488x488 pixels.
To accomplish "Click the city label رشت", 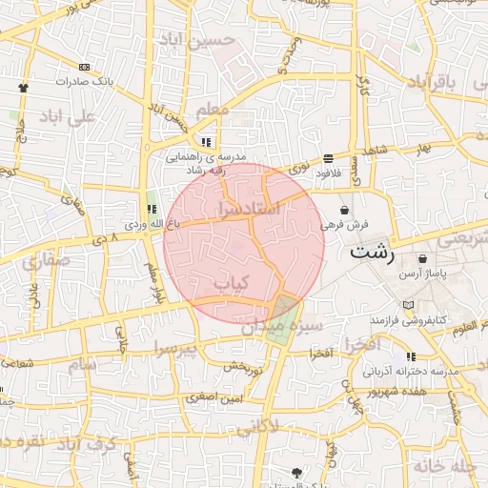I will click(x=371, y=253).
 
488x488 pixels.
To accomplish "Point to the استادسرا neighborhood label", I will click(x=249, y=206).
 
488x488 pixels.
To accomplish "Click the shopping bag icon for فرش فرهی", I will click(x=344, y=210).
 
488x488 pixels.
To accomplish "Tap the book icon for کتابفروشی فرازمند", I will click(x=409, y=304).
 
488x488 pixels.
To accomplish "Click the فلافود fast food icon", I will click(x=328, y=158).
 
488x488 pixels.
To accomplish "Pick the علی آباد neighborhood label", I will click(x=67, y=118).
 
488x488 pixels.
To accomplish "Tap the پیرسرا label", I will click(x=202, y=350).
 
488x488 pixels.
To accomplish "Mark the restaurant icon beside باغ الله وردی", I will click(x=152, y=209).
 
